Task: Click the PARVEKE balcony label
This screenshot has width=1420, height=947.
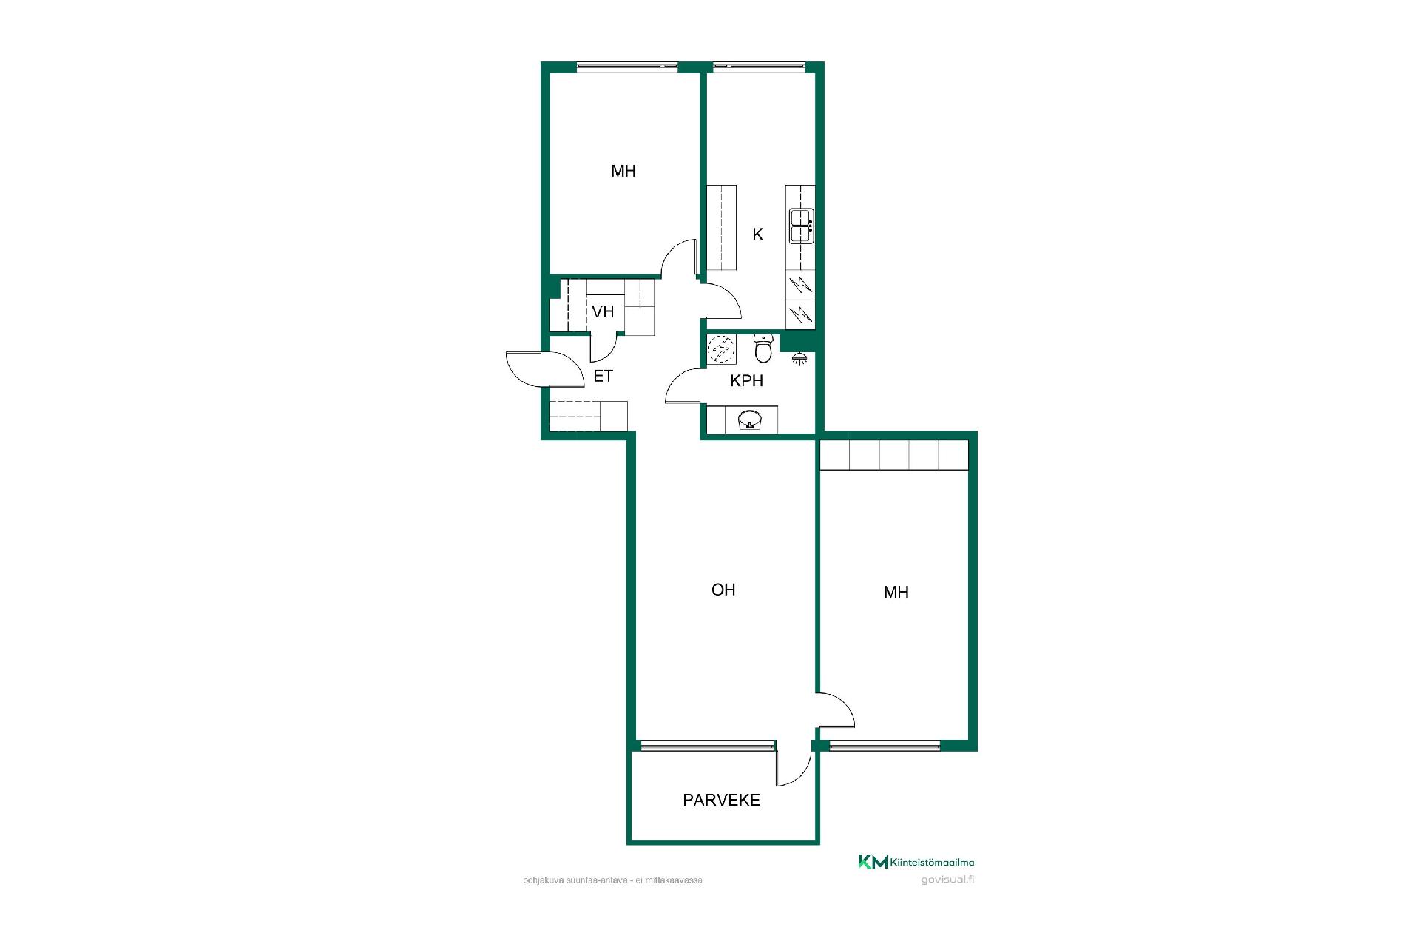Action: coord(721,800)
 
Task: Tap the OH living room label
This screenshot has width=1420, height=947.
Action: coord(723,590)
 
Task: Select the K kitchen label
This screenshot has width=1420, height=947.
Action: coord(757,235)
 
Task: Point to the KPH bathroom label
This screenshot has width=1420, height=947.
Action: coord(746,381)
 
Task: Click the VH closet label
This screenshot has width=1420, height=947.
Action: coord(603,311)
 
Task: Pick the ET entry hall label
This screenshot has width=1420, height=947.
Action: coord(603,376)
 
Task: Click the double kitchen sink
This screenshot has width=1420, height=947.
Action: coord(802,226)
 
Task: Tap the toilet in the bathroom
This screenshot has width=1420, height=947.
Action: coord(764,348)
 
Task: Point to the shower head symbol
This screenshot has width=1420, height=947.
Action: coord(799,359)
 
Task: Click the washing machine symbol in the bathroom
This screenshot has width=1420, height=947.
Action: coord(721,350)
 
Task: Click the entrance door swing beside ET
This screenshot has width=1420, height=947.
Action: coord(544,369)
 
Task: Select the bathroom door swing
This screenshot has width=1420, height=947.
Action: coord(683,385)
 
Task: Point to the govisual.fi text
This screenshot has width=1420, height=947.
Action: coord(947,880)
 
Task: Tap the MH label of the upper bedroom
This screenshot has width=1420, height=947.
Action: coord(623,172)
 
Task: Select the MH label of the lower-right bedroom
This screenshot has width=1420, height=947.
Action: coord(896,593)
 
